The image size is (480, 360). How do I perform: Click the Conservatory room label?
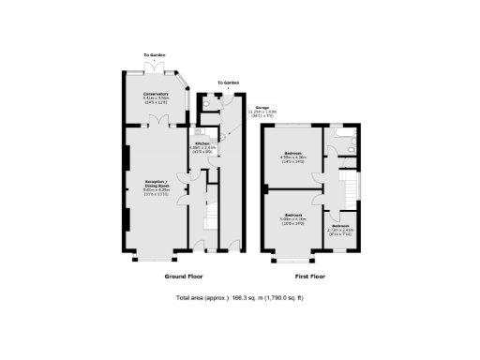point(156,97)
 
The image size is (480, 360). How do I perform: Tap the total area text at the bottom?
point(240,298)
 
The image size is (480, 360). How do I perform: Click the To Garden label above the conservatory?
point(156,55)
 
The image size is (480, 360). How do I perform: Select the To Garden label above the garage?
point(229,82)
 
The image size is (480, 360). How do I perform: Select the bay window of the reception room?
point(156,256)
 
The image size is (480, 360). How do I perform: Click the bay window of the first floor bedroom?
point(293,256)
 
